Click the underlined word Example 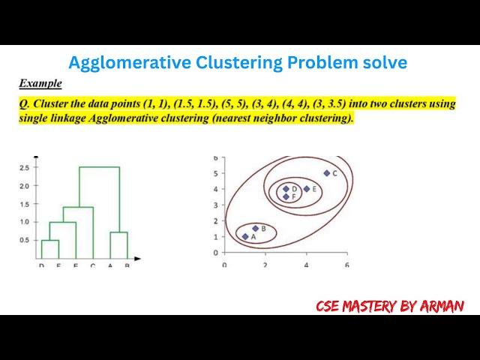[40, 83]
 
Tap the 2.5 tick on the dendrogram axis [25, 167]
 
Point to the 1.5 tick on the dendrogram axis [25, 203]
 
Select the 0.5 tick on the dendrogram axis [25, 240]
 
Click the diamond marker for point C [327, 173]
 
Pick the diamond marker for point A [245, 236]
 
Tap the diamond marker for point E [307, 189]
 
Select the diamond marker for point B [256, 228]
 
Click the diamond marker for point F [286, 196]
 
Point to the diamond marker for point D [286, 189]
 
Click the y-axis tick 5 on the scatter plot [215, 173]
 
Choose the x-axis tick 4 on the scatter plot [306, 265]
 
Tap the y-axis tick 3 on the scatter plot [215, 205]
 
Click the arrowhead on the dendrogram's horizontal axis [139, 259]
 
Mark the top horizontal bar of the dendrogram [100, 167]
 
